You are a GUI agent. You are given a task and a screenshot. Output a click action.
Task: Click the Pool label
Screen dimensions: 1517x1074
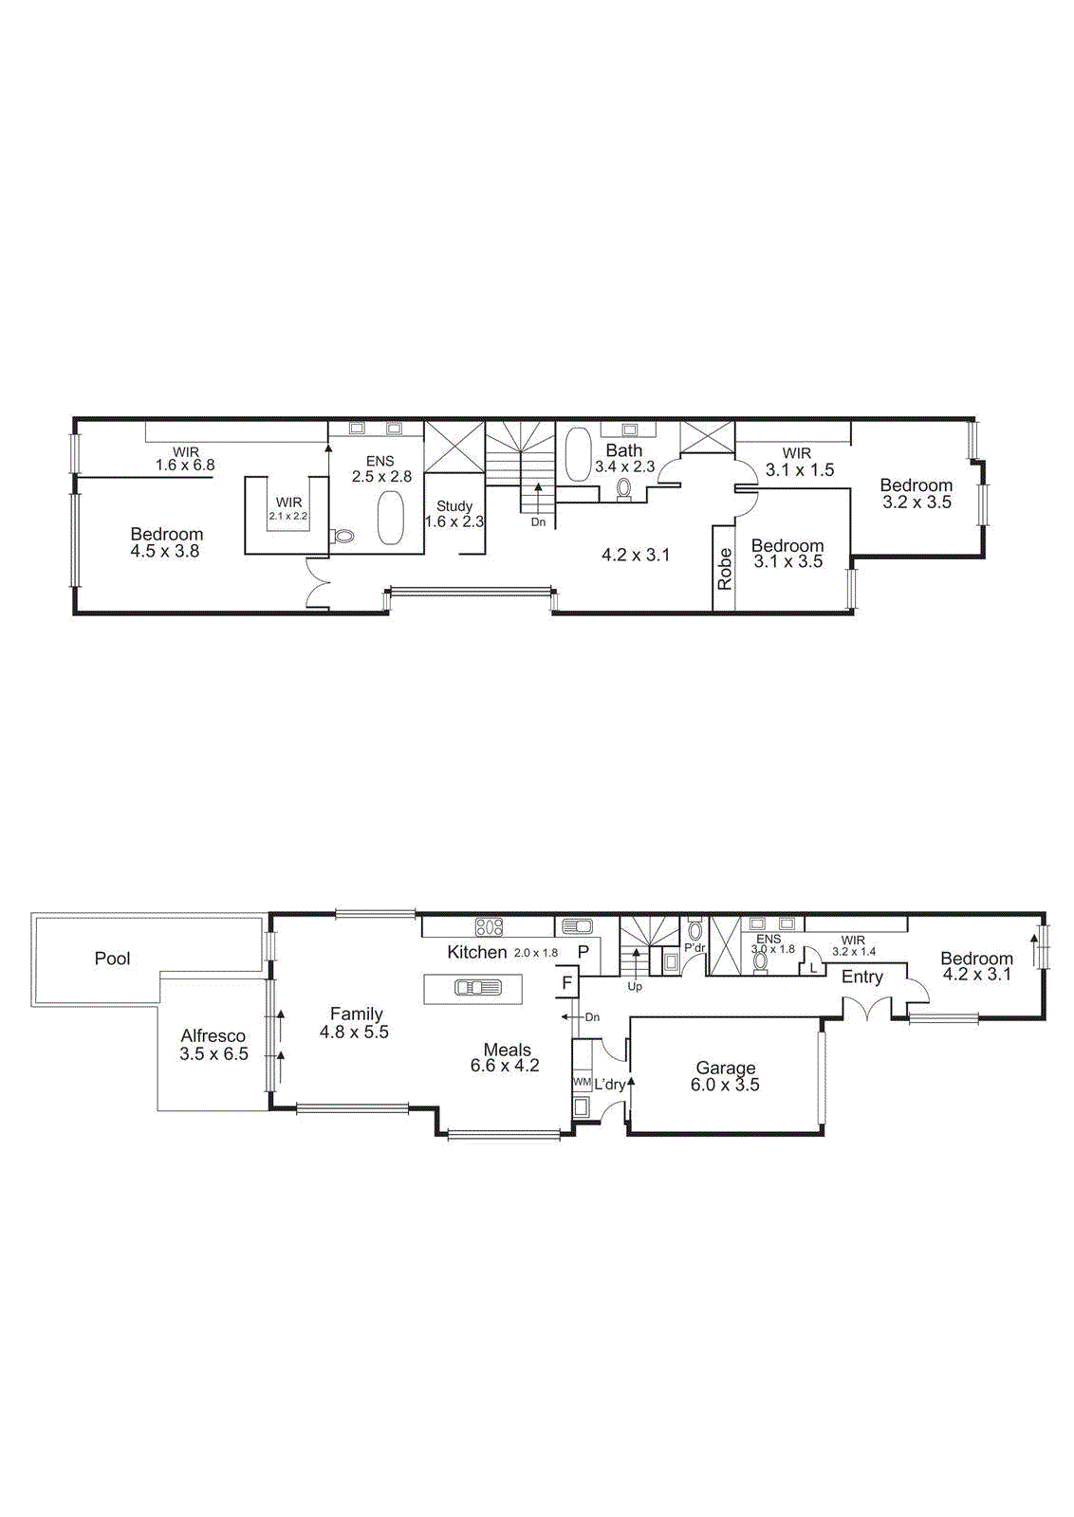tap(112, 959)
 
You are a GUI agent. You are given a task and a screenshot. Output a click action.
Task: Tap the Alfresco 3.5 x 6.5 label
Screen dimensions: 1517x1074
tap(213, 1045)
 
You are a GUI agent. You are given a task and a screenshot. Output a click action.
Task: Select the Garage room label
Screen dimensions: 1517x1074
tap(726, 1076)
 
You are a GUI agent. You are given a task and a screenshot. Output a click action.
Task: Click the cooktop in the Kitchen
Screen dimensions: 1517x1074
tap(489, 927)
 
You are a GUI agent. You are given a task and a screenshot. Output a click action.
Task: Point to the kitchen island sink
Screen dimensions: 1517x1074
tap(477, 988)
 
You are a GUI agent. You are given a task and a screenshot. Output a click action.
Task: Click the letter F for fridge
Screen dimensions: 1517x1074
tap(567, 983)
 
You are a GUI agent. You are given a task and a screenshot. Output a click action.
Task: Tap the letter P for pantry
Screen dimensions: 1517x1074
tap(583, 952)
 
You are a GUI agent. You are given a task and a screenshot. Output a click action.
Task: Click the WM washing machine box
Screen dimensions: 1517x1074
tap(582, 1082)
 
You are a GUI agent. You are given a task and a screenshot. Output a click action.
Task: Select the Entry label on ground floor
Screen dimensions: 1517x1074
tap(861, 978)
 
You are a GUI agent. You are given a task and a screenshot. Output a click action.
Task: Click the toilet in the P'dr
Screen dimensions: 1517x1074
tap(694, 931)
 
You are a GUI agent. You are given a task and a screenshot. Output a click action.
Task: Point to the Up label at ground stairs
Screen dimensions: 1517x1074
tap(635, 987)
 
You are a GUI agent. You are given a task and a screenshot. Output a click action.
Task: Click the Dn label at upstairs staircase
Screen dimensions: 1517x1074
tap(538, 522)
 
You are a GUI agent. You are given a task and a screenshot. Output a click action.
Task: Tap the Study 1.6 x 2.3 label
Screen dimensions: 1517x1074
tap(454, 514)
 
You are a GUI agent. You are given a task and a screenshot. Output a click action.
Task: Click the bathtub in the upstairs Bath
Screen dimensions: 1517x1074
tap(577, 453)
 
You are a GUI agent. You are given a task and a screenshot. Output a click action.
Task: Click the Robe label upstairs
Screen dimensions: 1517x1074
tap(725, 569)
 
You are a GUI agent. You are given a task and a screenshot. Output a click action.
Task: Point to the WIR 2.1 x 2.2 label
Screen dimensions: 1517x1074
tap(288, 509)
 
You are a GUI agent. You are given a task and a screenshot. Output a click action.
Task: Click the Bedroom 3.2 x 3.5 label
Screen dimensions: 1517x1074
tap(917, 494)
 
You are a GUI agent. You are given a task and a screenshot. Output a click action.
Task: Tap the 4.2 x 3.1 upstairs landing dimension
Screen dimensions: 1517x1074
tap(636, 555)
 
